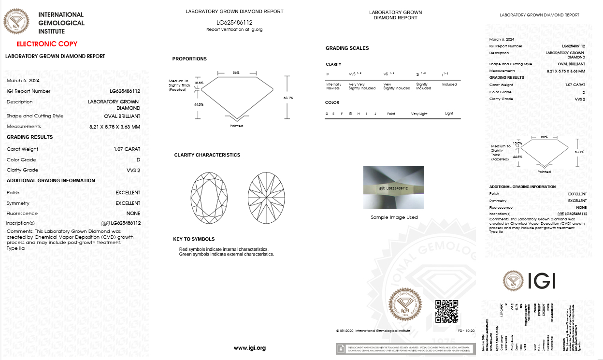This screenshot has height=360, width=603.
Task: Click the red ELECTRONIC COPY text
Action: (47, 44)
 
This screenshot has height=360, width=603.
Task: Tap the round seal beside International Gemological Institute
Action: (16, 22)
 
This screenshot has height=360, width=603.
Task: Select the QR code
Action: (446, 311)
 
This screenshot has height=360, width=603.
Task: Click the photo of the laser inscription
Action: (393, 187)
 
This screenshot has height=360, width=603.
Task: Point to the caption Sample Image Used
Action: (394, 217)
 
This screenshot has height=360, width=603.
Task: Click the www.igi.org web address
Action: (250, 348)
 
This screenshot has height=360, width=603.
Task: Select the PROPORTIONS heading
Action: (189, 59)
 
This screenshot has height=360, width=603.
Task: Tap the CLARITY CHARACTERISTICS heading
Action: (207, 155)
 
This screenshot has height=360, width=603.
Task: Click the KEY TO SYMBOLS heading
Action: (194, 239)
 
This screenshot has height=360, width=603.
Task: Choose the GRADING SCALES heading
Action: (347, 48)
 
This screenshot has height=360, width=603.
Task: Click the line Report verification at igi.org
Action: (234, 29)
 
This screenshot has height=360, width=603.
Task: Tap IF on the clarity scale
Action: (328, 74)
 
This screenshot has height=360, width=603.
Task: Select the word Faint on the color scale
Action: (391, 114)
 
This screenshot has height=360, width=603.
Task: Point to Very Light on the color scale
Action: (419, 114)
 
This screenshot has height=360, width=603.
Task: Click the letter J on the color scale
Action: (374, 114)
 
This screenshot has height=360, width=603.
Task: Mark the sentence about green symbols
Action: (226, 254)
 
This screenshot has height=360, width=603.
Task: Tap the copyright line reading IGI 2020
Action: (373, 331)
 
